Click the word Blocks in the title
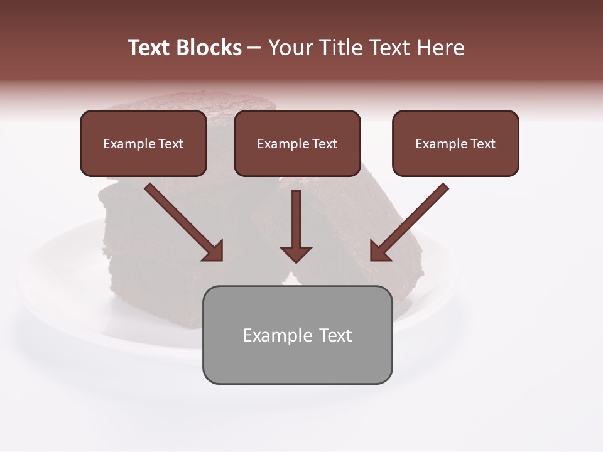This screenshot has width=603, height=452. click(209, 48)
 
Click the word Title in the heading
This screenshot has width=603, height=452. click(343, 48)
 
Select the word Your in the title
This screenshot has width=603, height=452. click(291, 48)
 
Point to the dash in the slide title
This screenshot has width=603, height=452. click(254, 48)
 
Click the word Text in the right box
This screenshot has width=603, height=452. click(482, 144)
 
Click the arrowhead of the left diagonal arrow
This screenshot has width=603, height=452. click(214, 251)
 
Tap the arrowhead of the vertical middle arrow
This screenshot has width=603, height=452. click(296, 254)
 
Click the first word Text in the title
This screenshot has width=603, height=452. click(149, 48)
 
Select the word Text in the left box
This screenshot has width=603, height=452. click(170, 144)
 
